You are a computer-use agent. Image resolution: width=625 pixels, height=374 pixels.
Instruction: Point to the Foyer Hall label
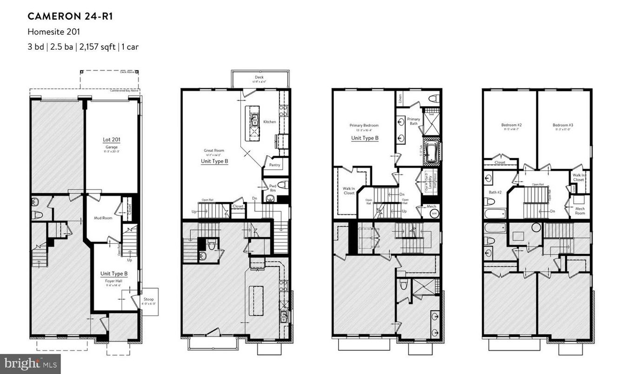pyautogui.click(x=113, y=280)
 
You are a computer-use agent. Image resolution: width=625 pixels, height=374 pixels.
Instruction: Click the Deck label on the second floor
pyautogui.click(x=259, y=77)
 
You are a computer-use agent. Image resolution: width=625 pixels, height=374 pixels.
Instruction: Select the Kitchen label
pyautogui.click(x=270, y=122)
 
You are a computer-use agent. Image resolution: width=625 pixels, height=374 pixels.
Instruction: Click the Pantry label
pyautogui.click(x=275, y=165)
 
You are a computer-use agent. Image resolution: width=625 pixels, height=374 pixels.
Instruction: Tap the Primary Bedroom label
pyautogui.click(x=364, y=125)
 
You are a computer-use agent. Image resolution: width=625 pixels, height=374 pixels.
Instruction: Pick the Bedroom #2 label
pyautogui.click(x=511, y=125)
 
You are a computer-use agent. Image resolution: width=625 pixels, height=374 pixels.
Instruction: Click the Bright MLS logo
pyautogui.click(x=30, y=363)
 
